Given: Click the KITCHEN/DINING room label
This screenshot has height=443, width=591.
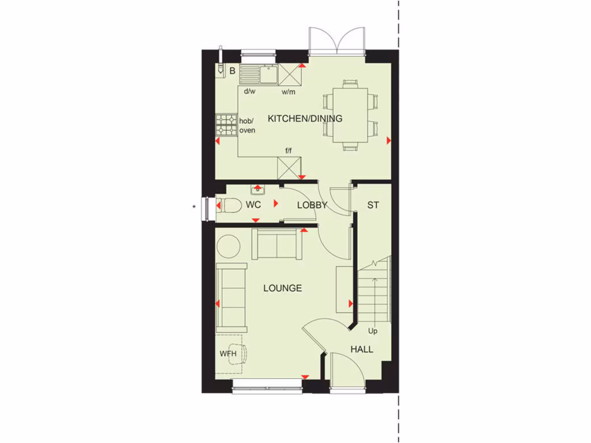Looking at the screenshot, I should click(x=305, y=119).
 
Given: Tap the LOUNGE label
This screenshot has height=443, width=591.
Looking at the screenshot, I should click(x=283, y=288).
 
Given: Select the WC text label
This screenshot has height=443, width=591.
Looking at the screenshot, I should click(x=253, y=205).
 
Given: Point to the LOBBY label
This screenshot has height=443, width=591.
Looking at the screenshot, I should click(x=312, y=205).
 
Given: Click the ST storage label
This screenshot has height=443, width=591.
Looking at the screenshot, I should click(x=373, y=205).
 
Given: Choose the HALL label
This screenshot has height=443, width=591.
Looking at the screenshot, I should click(x=362, y=349).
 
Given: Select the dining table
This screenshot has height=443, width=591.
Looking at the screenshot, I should click(x=350, y=114).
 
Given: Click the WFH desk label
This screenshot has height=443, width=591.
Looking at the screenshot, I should click(x=228, y=354).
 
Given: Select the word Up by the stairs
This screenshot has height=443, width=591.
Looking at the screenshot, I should click(x=373, y=331).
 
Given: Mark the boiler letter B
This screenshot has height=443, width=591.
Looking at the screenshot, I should click(x=232, y=71).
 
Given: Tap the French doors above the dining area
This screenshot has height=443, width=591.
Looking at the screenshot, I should click(x=336, y=42).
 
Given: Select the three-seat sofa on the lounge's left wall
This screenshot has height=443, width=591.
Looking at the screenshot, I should click(x=231, y=298).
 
